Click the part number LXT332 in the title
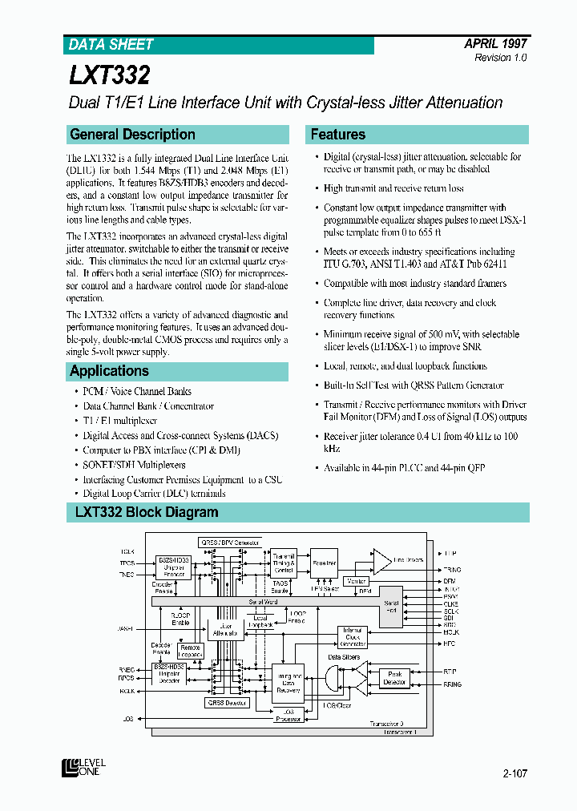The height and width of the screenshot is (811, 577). (x=109, y=75)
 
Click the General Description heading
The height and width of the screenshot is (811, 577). (x=132, y=135)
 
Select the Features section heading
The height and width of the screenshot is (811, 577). (x=337, y=135)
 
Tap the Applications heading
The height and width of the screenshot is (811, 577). (x=109, y=371)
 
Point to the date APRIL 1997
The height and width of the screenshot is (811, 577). (x=495, y=44)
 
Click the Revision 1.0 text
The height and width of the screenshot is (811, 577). (x=501, y=59)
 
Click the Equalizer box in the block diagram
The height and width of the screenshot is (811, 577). (x=324, y=563)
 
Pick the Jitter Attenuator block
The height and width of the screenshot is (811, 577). (x=226, y=629)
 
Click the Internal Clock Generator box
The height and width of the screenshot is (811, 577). (x=353, y=637)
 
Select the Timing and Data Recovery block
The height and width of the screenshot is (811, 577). (x=288, y=684)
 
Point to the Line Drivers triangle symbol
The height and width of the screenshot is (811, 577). (x=383, y=560)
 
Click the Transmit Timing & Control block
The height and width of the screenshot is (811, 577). (x=284, y=563)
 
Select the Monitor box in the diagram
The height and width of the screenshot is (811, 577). (x=355, y=580)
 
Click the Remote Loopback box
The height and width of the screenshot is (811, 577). (x=190, y=650)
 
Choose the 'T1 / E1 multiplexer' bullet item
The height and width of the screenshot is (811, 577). (x=120, y=420)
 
